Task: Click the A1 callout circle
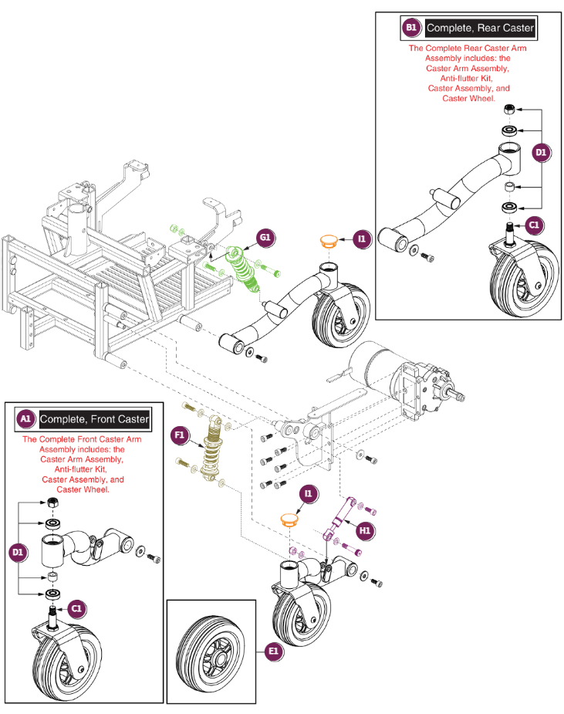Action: click(x=25, y=419)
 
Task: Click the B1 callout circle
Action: click(x=410, y=29)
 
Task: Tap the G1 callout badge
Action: click(x=266, y=238)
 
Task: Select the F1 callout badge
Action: click(x=180, y=435)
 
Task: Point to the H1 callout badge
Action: click(x=364, y=530)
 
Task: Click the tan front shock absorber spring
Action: click(x=211, y=452)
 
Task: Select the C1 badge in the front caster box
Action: click(x=76, y=608)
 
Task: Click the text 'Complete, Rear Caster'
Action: click(x=479, y=29)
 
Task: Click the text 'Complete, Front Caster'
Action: click(x=94, y=419)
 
